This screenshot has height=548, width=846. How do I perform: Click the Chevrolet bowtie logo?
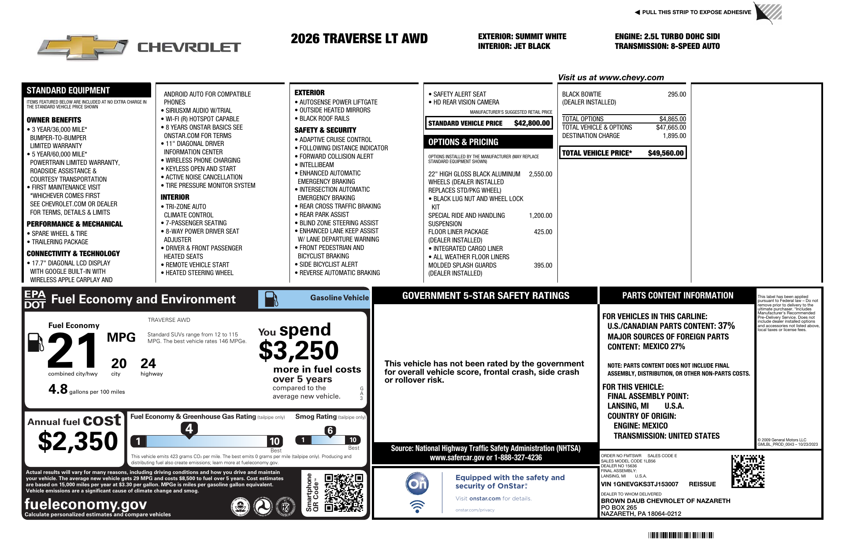coord(83,47)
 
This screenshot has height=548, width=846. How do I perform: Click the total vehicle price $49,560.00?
coord(665,153)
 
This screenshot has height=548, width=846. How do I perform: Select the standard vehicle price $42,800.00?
coord(532,123)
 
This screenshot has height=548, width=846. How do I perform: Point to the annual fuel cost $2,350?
coord(78,441)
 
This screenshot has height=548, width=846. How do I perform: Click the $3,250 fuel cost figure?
coord(298,351)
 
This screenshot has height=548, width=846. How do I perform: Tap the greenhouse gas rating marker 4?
coord(189,429)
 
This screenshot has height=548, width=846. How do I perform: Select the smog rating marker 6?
coord(330,431)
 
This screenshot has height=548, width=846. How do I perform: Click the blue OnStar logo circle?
coord(417,484)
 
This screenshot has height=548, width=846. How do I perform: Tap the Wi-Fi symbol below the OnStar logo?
coord(417,507)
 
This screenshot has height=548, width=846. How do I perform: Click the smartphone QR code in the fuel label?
coord(344,492)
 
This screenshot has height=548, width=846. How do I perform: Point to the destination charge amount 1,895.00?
coord(674,136)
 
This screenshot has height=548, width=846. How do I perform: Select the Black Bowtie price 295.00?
coord(677,94)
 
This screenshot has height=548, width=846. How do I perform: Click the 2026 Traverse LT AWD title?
coord(359,39)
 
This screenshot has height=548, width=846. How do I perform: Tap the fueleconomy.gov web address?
coord(85,504)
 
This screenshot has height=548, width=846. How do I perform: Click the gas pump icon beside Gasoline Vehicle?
coord(271,299)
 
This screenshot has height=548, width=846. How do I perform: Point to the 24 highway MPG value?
coord(148,364)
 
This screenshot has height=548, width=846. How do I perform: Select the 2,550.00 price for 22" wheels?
coord(540,174)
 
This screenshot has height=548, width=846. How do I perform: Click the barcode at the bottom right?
coord(681,535)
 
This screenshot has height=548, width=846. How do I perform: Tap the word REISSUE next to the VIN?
coord(702,484)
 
